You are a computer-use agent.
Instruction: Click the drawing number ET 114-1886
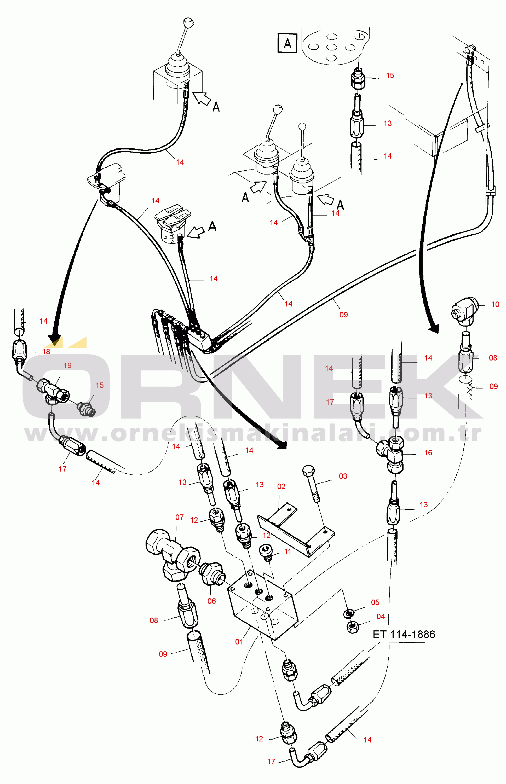tap(404, 634)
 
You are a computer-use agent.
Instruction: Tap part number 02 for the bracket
tap(281, 486)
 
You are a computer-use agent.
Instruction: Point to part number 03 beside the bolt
tap(343, 476)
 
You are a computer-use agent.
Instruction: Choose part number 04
tap(381, 617)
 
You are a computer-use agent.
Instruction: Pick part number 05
tap(375, 602)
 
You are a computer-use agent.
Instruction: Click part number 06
tap(212, 601)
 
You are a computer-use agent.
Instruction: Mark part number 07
tap(179, 517)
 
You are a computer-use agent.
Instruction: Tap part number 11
tap(288, 551)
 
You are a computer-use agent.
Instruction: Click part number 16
tap(428, 452)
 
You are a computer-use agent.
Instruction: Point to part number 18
tap(46, 351)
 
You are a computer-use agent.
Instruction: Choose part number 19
tap(67, 365)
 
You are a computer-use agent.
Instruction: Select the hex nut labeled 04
tap(353, 628)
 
